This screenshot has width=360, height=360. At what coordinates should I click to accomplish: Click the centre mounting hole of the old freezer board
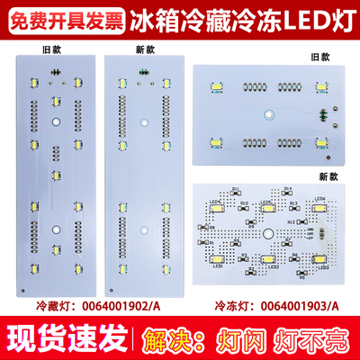(267, 114)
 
